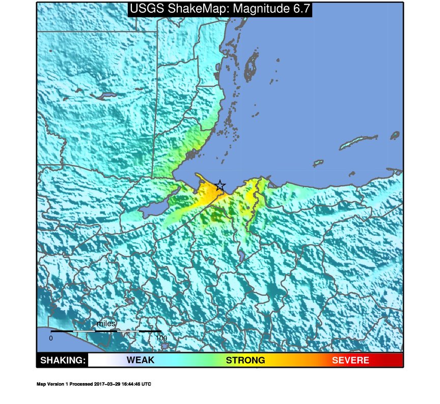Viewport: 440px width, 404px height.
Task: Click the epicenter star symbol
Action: click(219, 186)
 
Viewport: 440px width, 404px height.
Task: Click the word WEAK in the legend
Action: click(141, 361)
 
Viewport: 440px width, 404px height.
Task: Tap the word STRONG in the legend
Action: click(245, 361)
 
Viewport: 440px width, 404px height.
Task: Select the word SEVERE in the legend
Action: click(350, 361)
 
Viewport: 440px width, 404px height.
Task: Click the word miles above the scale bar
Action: click(106, 324)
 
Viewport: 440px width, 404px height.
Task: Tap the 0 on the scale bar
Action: click(51, 338)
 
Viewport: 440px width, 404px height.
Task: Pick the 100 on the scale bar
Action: click(161, 338)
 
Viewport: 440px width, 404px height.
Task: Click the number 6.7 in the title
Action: click(296, 9)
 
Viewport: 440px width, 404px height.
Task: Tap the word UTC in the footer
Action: click(146, 384)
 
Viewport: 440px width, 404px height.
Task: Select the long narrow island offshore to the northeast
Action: click(359, 142)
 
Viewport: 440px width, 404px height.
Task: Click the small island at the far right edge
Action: click(395, 135)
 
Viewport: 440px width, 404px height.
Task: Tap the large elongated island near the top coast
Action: click(250, 65)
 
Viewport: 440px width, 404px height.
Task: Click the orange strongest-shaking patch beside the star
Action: click(209, 193)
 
